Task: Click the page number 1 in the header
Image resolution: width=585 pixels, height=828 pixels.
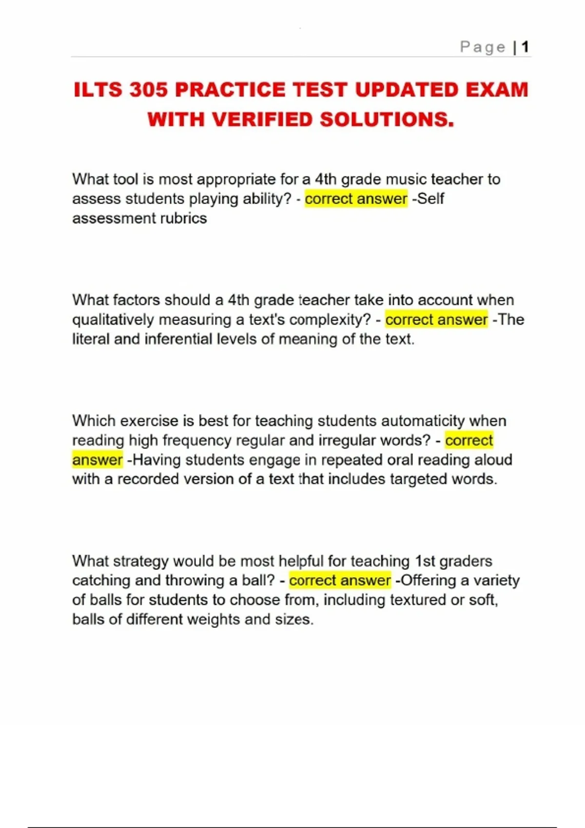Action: point(525,47)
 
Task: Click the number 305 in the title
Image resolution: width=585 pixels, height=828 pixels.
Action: point(148,90)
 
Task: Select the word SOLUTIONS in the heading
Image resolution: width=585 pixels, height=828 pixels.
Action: point(387,120)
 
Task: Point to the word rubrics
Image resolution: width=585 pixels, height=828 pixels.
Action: point(185,218)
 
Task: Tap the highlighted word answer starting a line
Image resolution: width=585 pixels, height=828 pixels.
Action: point(97,460)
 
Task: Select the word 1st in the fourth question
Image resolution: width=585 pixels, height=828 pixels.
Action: point(425,561)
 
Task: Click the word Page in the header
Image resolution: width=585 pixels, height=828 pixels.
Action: point(483,47)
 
